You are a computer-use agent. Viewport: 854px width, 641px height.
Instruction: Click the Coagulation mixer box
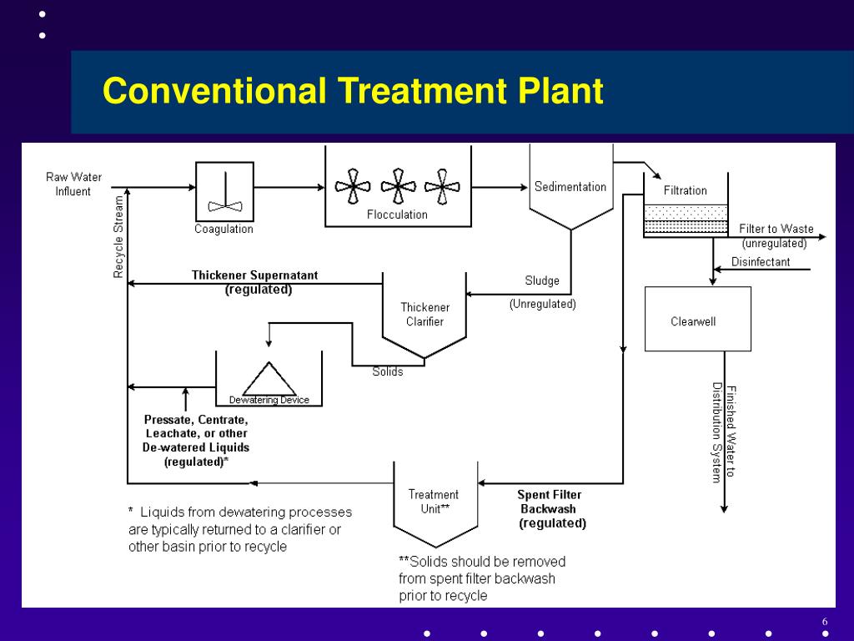click(224, 189)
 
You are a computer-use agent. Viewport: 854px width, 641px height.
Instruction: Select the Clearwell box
click(697, 319)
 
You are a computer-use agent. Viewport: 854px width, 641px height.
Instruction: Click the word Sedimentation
click(570, 187)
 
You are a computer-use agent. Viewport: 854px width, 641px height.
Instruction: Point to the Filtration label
click(685, 190)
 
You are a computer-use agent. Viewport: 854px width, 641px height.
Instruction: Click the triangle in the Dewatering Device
click(269, 379)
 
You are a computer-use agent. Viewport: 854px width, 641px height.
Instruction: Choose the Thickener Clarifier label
click(424, 315)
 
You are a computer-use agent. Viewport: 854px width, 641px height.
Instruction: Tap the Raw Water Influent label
click(73, 184)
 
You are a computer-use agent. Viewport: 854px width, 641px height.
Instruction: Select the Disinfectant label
click(760, 262)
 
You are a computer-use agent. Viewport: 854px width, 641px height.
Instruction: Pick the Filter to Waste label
click(776, 229)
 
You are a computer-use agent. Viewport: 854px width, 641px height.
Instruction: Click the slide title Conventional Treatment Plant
click(352, 91)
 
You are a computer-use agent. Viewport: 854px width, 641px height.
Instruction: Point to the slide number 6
click(824, 623)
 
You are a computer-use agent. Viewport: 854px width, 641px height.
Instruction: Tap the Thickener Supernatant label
click(254, 275)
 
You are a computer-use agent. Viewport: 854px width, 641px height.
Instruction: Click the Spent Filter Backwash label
click(550, 502)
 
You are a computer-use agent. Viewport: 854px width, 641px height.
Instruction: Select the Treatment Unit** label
click(433, 501)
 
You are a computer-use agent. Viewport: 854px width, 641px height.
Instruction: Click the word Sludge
click(542, 281)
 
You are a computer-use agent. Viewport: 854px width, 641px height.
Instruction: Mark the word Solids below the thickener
click(387, 371)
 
